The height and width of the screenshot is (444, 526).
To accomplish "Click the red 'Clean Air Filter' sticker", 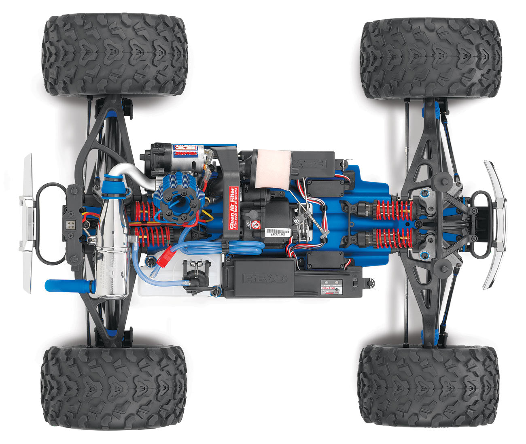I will [233, 208].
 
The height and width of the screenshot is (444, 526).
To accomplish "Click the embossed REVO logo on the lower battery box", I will [265, 278].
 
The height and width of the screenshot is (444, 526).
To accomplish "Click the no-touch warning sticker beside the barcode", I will [255, 225].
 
